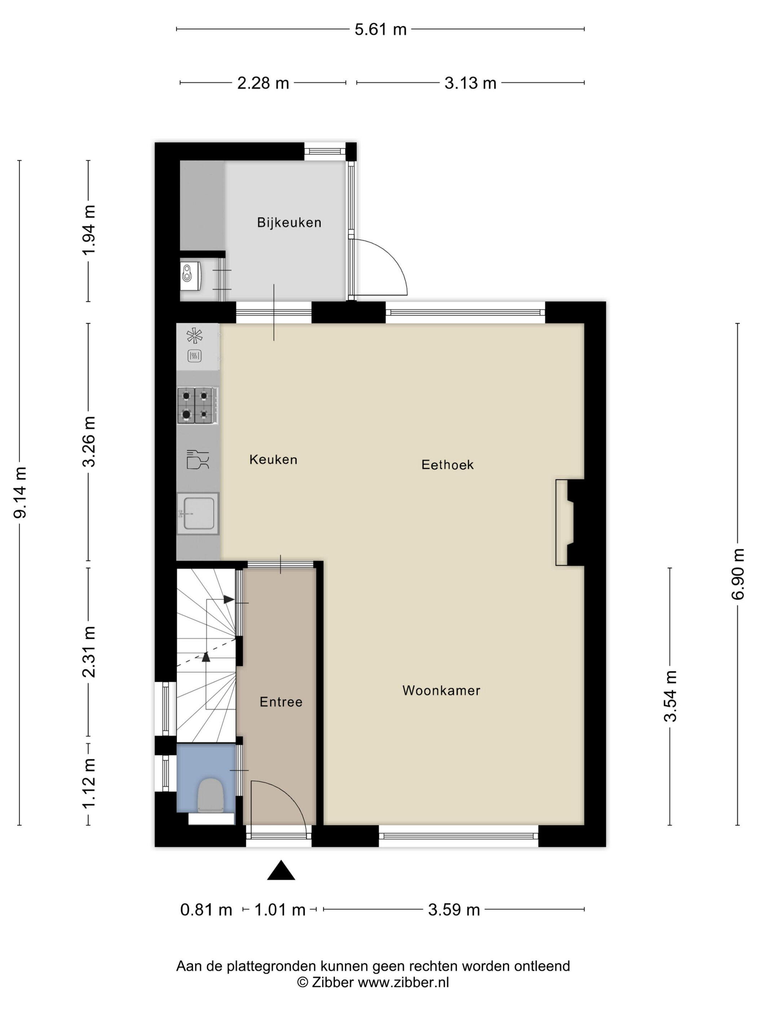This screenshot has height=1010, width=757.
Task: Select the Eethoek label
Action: tap(447, 465)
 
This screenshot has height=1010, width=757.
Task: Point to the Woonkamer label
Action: tap(441, 690)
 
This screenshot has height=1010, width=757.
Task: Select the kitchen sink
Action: tap(198, 513)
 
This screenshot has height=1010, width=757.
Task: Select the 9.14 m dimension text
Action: tap(20, 492)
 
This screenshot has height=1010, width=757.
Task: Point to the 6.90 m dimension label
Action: tap(738, 574)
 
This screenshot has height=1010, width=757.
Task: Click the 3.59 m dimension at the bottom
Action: tap(453, 910)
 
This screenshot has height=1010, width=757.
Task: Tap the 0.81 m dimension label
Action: tap(206, 910)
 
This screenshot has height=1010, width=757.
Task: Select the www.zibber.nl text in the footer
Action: tap(403, 983)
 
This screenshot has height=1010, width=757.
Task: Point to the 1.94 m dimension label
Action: tap(89, 230)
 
